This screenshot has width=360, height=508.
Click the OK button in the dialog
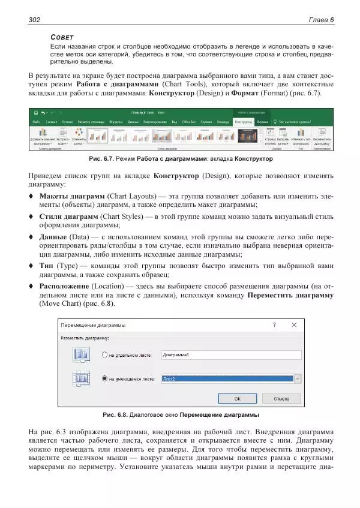pyautogui.click(x=238, y=398)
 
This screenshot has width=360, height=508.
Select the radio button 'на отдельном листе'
pyautogui.click(x=104, y=355)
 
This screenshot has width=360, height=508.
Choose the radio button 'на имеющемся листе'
pyautogui.click(x=104, y=379)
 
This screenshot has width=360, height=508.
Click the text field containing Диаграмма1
pyautogui.click(x=230, y=355)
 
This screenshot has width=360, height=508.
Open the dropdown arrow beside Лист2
pyautogui.click(x=298, y=379)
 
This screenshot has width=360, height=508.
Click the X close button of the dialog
pyautogui.click(x=294, y=324)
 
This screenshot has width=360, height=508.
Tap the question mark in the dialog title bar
pyautogui.click(x=274, y=324)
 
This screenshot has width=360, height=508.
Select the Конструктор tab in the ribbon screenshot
pyautogui.click(x=243, y=121)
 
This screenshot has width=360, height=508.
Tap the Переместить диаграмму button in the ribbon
pyautogui.click(x=321, y=137)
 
